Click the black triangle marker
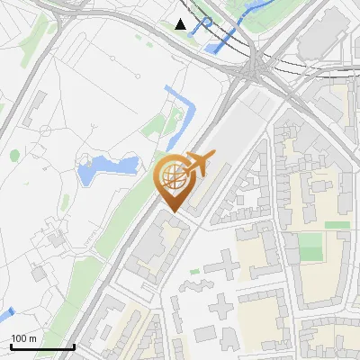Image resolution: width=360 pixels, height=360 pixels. (181, 24)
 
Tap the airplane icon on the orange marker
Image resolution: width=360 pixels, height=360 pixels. (196, 163)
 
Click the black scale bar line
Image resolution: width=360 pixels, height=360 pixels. (42, 347)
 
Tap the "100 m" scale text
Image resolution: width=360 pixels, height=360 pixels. (24, 338)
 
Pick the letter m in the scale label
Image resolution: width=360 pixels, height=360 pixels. (32, 338)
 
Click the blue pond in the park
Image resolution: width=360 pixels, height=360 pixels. (107, 167)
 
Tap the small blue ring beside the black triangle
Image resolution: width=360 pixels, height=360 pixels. (207, 22)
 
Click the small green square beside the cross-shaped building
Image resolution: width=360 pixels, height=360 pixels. (194, 270)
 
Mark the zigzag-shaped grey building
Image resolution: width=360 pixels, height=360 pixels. (192, 288)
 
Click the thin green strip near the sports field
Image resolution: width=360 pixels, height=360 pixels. (337, 224)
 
